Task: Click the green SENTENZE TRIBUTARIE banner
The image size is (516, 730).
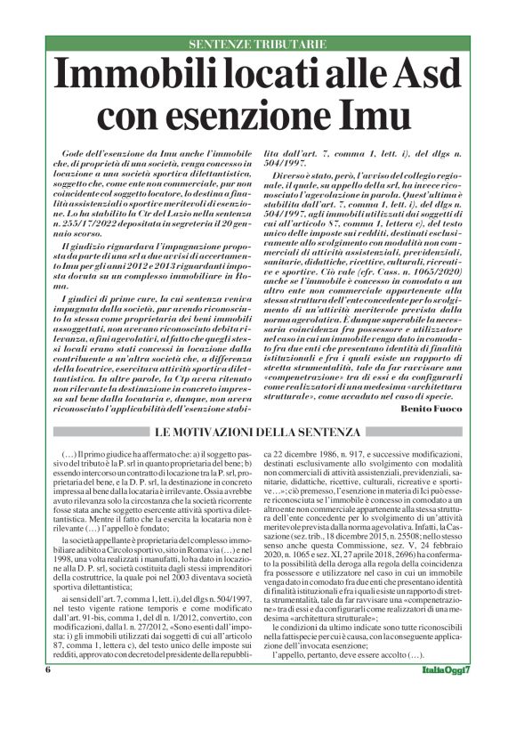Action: (257, 44)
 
